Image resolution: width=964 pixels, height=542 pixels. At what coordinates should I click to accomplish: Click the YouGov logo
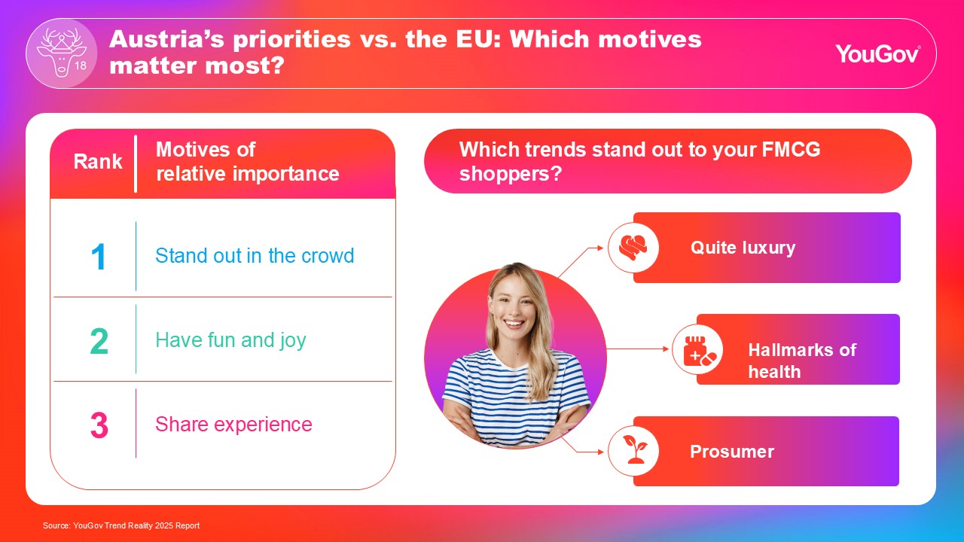[x=877, y=54]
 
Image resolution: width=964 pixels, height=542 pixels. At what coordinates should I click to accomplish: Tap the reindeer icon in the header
[x=62, y=53]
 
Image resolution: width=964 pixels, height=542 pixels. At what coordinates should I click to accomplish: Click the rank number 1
[x=99, y=257]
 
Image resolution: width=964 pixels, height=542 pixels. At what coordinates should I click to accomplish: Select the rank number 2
[x=99, y=341]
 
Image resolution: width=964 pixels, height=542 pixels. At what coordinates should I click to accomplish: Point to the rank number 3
[x=99, y=425]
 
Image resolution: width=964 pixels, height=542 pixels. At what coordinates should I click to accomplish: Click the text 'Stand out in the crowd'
[x=255, y=255]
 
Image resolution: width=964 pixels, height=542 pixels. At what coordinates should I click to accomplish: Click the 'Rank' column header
[x=98, y=162]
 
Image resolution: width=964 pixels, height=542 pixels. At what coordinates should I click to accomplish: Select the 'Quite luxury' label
[x=743, y=248]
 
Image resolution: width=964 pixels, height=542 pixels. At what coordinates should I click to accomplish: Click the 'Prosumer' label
[x=732, y=452]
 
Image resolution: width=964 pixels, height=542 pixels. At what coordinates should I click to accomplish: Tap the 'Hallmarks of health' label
[x=802, y=361]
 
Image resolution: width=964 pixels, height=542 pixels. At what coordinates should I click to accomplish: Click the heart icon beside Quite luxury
[x=633, y=248]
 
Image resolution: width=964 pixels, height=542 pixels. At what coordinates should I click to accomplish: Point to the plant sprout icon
[x=634, y=449]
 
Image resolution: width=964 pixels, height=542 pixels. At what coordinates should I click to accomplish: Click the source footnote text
[x=121, y=525]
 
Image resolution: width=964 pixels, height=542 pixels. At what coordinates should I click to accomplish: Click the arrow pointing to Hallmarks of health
[x=638, y=349]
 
